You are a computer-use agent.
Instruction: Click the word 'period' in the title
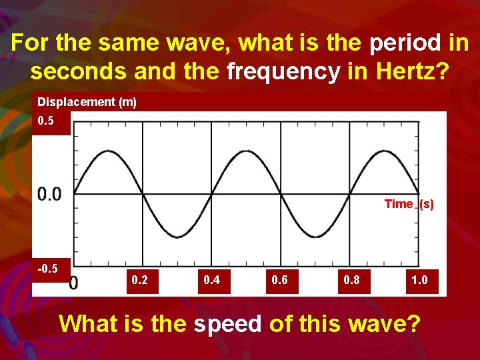coord(403,44)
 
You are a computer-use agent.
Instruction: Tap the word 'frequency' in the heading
coord(285,71)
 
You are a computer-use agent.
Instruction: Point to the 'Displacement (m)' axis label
coord(87,102)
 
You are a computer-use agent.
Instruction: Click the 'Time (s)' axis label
coord(409,204)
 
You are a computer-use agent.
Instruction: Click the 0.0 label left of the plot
coord(49,194)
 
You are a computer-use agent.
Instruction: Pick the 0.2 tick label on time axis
coord(140,280)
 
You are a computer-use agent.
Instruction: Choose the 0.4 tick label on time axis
coord(211,280)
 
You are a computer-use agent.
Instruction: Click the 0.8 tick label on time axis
coord(351,280)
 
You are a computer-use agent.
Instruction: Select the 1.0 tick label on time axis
coord(419,280)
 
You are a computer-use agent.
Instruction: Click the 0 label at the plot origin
coord(73,283)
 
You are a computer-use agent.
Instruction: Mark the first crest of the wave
coord(108,151)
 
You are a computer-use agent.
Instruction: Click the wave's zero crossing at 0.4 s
coord(211,194)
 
